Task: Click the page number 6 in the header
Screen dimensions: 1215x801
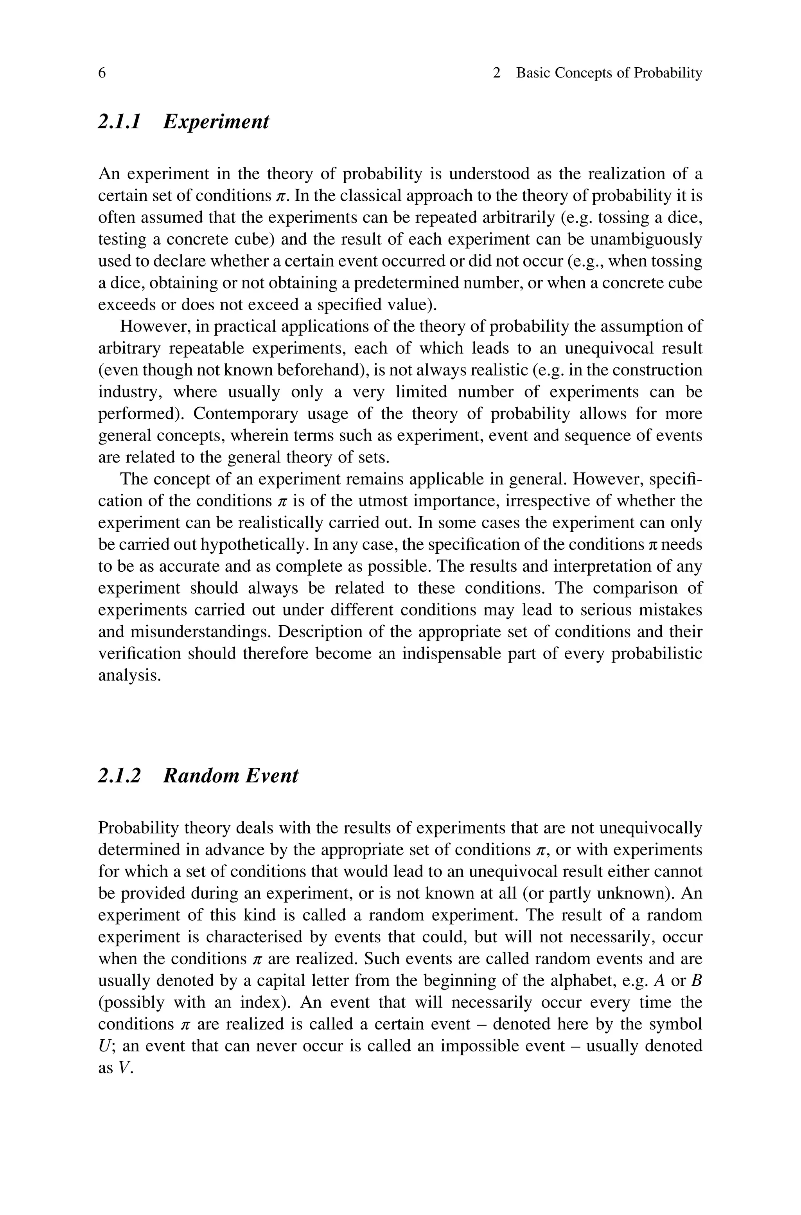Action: click(102, 73)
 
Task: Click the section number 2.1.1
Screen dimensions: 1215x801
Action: click(119, 122)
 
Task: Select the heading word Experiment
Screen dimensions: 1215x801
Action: click(216, 122)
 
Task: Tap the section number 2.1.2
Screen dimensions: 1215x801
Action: click(119, 775)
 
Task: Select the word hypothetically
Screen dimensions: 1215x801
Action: click(255, 545)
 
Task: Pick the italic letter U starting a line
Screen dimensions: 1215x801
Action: click(103, 1046)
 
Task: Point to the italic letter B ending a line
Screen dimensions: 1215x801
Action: click(696, 981)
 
